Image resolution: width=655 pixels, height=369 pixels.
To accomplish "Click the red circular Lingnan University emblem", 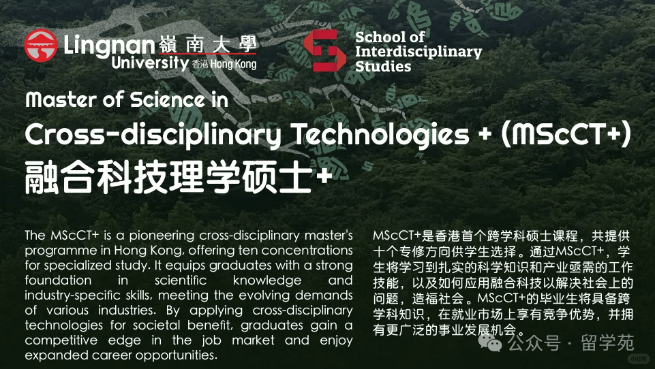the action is [x=40, y=46].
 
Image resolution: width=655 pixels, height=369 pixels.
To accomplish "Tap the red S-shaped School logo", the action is [x=324, y=50].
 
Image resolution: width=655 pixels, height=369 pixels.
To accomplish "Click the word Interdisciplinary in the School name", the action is [x=418, y=52].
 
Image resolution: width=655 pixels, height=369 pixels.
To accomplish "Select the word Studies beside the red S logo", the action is [x=383, y=66].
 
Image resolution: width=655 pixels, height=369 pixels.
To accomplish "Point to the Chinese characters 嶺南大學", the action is [x=207, y=44].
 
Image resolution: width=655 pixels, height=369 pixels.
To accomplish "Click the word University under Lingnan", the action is [x=150, y=63].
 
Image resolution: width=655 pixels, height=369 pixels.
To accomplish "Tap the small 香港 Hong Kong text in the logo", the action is [x=224, y=64].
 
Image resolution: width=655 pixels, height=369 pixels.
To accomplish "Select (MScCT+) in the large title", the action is [x=566, y=134].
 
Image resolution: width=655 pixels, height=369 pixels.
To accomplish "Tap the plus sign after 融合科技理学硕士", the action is [x=324, y=176].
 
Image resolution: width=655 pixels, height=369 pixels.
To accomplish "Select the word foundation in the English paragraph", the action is [x=58, y=280].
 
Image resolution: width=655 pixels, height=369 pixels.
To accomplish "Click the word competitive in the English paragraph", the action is [x=61, y=340].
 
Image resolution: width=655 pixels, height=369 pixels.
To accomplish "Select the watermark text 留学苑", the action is [x=607, y=343].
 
